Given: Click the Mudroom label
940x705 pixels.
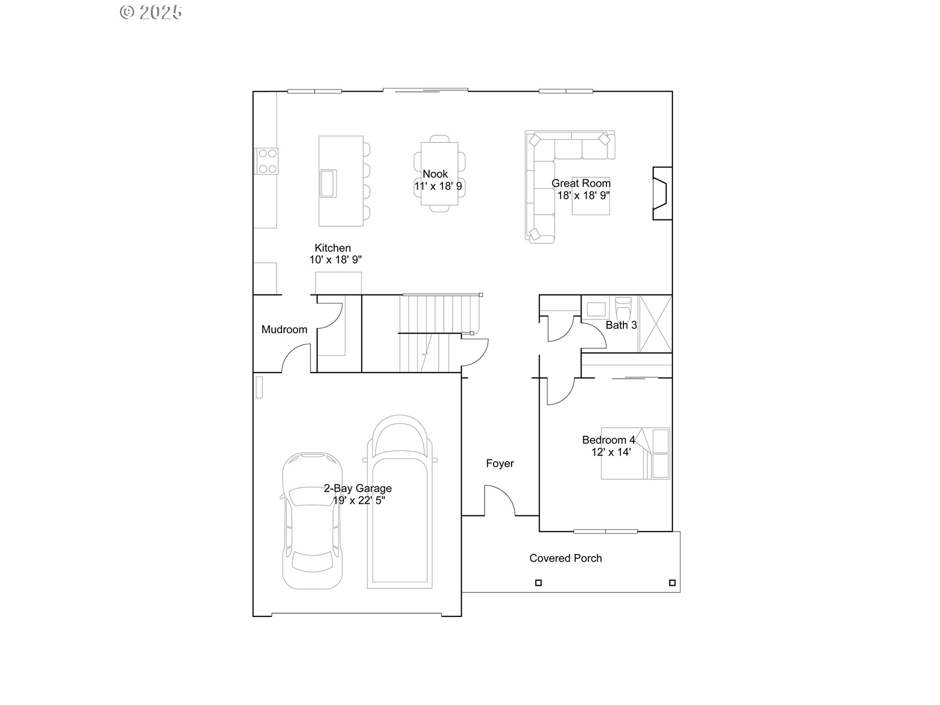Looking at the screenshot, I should coord(284,329).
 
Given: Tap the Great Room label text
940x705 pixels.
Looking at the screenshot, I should coord(581,184).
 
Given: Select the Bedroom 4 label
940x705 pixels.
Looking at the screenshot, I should coord(608,440).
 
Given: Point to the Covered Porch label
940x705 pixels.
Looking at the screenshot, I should coord(565,558).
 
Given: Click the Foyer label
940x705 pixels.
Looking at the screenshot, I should coord(500,463).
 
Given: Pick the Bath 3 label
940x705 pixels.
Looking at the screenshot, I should coord(621,325).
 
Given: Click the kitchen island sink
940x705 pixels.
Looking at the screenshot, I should coord(327,183).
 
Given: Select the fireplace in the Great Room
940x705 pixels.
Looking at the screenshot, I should coord(661,193).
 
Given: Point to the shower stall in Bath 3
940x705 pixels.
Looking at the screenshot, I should coord(656,324).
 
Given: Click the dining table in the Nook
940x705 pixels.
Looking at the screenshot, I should coord(439,174).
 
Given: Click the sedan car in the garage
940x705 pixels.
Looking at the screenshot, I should coord(312,521).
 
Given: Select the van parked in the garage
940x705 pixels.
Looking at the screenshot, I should coord(400,502).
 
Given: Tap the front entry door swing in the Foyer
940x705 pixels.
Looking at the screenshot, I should coord(499,500).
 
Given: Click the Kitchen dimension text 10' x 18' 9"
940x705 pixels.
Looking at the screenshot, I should coord(335,260).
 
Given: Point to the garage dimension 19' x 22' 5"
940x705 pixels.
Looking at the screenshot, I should coord(359,500).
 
